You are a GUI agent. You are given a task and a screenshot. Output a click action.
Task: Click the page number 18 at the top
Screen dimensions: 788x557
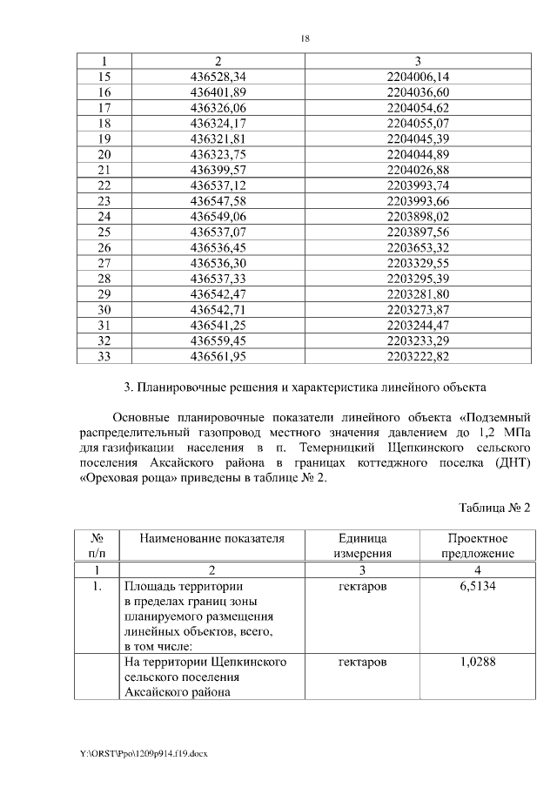pyautogui.click(x=305, y=38)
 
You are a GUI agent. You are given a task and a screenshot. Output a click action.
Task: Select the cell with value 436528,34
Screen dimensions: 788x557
pyautogui.click(x=218, y=77)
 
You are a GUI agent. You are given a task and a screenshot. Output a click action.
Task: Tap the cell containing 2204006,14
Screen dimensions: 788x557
pyautogui.click(x=418, y=77)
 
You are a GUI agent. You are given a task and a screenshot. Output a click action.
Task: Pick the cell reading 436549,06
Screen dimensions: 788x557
pyautogui.click(x=218, y=216)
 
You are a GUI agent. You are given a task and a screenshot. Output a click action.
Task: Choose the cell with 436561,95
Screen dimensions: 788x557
pyautogui.click(x=218, y=355)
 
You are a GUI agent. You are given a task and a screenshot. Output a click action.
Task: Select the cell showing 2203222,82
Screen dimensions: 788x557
pyautogui.click(x=418, y=355)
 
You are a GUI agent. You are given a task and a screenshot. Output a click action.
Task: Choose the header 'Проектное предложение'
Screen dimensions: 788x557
pyautogui.click(x=477, y=546)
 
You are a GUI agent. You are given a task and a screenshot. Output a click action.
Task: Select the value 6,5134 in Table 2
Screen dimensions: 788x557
pyautogui.click(x=477, y=586)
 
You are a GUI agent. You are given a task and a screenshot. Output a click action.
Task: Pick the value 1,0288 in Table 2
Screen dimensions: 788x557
pyautogui.click(x=477, y=663)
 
